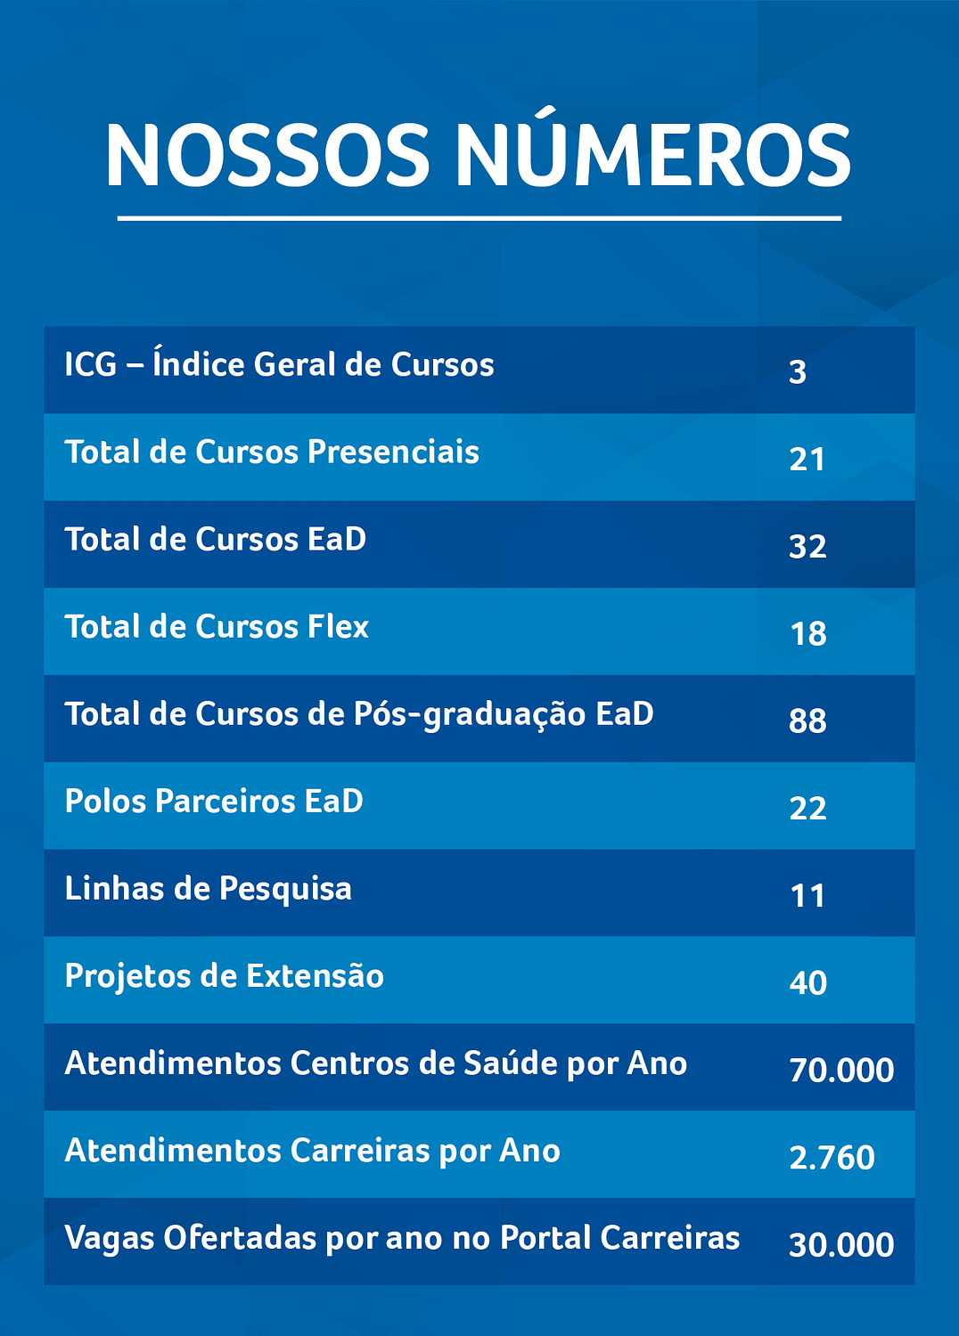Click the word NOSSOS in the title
click(x=267, y=156)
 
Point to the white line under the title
click(x=479, y=218)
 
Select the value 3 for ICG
click(x=798, y=371)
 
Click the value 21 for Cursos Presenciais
click(x=807, y=459)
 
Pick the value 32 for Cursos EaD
click(x=807, y=546)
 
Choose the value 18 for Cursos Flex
click(x=808, y=633)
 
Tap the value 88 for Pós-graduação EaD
click(x=807, y=721)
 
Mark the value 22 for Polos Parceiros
click(x=807, y=808)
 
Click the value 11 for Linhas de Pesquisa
click(x=807, y=895)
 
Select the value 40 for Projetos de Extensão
click(x=807, y=982)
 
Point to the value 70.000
click(x=840, y=1070)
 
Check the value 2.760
click(x=832, y=1157)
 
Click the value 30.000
click(x=840, y=1244)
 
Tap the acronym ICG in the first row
click(x=90, y=365)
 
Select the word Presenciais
click(x=393, y=452)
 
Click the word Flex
click(x=338, y=627)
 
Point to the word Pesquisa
click(x=285, y=890)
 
